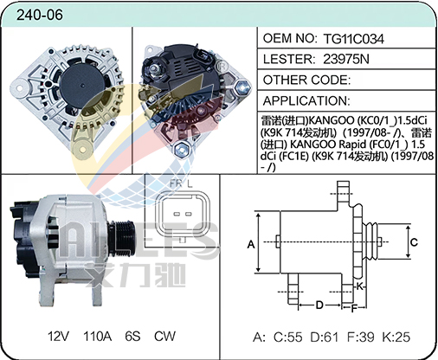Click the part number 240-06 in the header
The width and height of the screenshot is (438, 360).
(40, 15)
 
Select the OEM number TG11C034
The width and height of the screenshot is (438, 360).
(354, 39)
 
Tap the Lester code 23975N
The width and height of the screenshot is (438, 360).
(346, 59)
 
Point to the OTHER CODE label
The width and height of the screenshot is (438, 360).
(306, 80)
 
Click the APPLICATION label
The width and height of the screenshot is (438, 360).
(306, 100)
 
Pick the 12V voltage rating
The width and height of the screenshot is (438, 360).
(58, 336)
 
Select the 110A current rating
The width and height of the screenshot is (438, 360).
(97, 336)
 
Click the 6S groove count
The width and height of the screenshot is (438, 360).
(132, 336)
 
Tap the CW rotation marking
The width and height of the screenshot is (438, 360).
(164, 336)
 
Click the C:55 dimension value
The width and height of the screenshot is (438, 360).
(288, 337)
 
